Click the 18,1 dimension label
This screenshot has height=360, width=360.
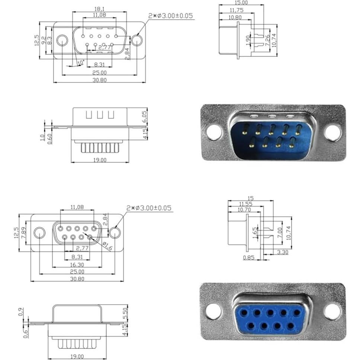[x=99, y=9]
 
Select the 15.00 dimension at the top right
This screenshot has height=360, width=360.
[x=241, y=2]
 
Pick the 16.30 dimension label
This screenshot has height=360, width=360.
[x=77, y=264]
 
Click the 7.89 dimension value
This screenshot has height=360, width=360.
[x=24, y=233]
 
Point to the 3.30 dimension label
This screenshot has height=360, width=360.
[x=283, y=252]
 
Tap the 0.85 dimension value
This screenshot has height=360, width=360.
[x=249, y=257]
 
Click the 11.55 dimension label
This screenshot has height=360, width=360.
[x=246, y=204]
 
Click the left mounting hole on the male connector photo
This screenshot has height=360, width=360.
[x=214, y=132]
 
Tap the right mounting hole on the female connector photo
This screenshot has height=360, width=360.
[x=332, y=312]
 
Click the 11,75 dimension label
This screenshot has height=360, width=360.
[x=237, y=10]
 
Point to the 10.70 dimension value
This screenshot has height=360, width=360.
[x=243, y=210]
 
